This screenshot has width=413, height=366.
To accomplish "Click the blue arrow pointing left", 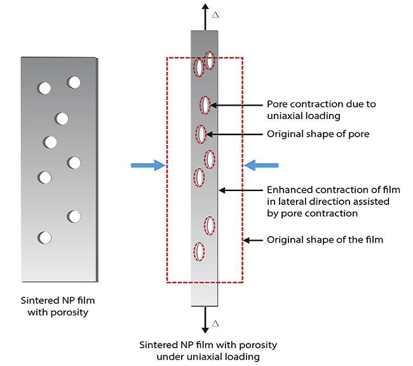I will [x=262, y=165].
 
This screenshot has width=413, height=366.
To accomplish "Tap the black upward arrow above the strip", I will [x=205, y=15].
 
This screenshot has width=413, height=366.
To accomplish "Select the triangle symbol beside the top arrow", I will [x=216, y=13].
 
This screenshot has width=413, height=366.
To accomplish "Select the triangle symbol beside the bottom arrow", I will [x=216, y=323].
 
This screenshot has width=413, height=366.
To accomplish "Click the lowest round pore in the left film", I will [x=44, y=238].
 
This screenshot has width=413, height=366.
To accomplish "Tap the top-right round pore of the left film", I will [x=74, y=82].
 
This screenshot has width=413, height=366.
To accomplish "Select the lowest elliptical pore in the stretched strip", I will [x=200, y=251].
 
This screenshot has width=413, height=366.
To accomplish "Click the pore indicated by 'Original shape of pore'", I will [x=201, y=134].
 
